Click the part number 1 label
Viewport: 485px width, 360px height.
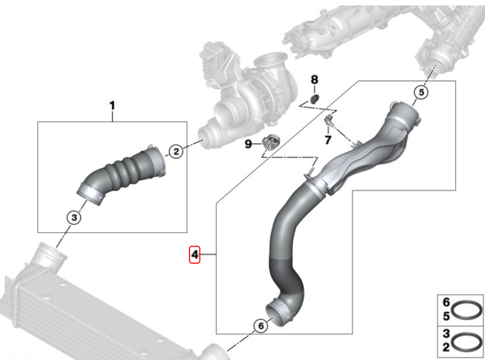pos(112,106)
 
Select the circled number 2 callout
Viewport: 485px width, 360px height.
pos(175,152)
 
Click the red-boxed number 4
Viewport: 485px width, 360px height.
pos(194,255)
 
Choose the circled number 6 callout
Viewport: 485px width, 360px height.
pos(260,326)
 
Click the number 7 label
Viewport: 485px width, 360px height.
pos(328,140)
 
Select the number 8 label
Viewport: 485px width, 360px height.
pos(314,79)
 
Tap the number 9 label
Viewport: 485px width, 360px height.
pos(248,144)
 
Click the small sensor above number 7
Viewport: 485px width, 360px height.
pos(331,119)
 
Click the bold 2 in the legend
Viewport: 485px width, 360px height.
pos(447,348)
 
